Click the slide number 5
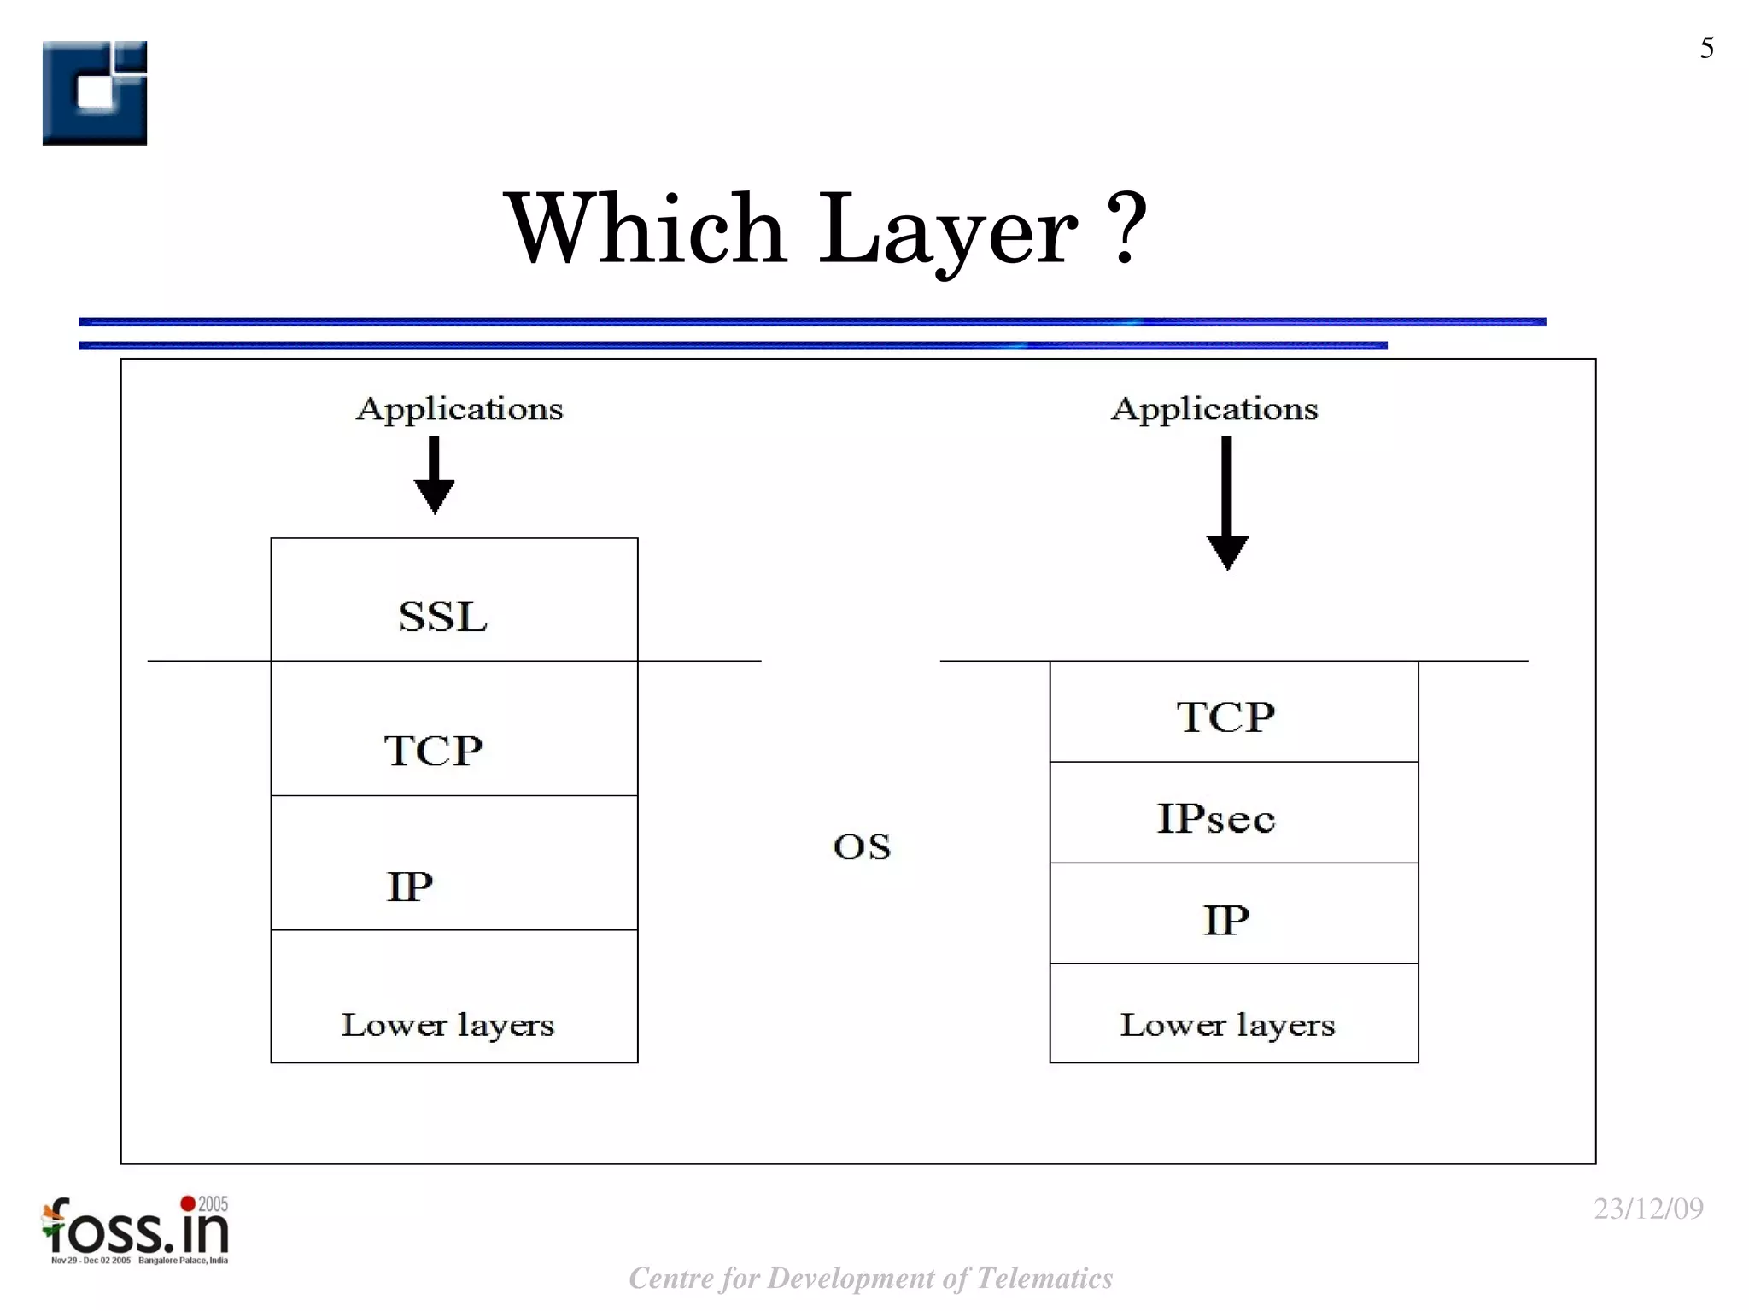coord(1706,48)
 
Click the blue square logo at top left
coord(95,93)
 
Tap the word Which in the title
coord(646,229)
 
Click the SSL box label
coord(442,616)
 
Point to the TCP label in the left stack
coord(433,751)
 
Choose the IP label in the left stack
coord(410,886)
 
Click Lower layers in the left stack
coord(447,1024)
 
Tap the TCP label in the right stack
coord(1225,716)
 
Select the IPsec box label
coord(1216,817)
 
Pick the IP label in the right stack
coord(1226,920)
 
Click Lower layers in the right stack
coord(1227,1024)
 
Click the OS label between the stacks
coord(862,846)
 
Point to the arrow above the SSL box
coord(434,475)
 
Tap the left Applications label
coord(459,408)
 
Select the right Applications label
coord(1214,408)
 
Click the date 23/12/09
coord(1648,1209)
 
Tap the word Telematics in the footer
coord(1044,1278)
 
